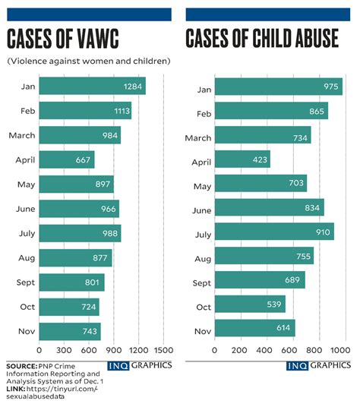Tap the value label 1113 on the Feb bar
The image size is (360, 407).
point(120,111)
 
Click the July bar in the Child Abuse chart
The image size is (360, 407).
point(273,232)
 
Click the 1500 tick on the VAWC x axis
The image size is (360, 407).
point(163,350)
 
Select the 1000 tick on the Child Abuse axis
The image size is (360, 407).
point(339,350)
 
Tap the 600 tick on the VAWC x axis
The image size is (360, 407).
point(89,350)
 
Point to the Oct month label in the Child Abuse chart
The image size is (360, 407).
point(202,307)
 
